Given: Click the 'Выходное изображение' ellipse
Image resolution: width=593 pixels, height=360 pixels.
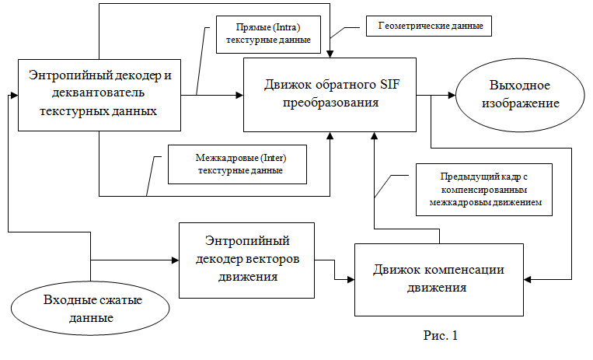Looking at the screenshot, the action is click(x=520, y=95).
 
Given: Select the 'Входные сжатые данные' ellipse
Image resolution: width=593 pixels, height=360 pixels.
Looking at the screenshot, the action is click(x=90, y=308).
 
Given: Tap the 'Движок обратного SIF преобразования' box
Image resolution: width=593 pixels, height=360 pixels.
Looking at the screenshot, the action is click(x=330, y=95).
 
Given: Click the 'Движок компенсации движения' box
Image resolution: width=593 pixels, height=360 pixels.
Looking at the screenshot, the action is click(x=438, y=280).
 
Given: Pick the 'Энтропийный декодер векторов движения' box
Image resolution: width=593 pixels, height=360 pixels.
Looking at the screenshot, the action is click(x=246, y=260).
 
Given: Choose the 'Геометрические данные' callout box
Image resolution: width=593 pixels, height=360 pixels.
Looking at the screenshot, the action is click(x=429, y=26).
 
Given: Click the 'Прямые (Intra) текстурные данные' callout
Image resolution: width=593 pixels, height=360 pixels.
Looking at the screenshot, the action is click(x=268, y=34).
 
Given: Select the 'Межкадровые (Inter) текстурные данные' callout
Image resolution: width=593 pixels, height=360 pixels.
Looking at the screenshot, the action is click(x=238, y=164).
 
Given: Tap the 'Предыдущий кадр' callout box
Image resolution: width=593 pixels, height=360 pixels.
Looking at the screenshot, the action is click(x=484, y=190).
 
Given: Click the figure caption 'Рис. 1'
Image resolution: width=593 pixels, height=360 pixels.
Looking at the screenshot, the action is click(x=441, y=335).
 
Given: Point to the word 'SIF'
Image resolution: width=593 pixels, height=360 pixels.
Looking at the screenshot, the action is click(x=388, y=85).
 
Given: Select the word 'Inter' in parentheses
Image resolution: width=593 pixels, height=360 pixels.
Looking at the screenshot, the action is click(x=273, y=158).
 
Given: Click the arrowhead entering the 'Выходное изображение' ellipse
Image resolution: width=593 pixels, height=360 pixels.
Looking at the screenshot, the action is click(x=452, y=96).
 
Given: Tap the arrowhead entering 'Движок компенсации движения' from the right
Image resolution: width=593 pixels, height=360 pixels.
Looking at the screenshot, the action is click(x=528, y=280).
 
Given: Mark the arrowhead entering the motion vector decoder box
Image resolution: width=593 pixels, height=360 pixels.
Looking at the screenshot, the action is click(x=175, y=260).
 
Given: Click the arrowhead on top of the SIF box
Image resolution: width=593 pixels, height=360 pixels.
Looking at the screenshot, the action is click(x=330, y=54).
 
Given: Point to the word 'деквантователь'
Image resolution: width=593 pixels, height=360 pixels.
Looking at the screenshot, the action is click(x=99, y=93).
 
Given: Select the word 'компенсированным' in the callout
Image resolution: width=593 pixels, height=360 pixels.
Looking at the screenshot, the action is click(x=484, y=190).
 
